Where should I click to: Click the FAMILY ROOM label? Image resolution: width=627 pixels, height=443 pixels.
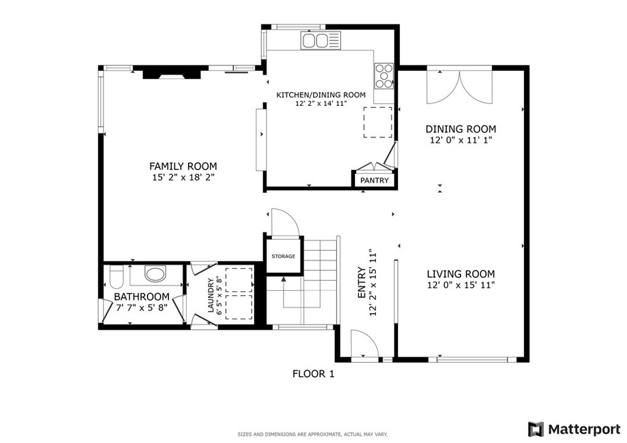(183, 166)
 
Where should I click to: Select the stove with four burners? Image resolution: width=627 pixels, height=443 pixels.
(384, 76)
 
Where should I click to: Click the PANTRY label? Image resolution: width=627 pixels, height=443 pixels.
(374, 181)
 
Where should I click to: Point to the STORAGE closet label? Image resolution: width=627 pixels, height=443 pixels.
(283, 256)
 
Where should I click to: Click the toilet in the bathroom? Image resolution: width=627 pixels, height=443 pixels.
(116, 277)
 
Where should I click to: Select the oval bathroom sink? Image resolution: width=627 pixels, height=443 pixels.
(156, 273)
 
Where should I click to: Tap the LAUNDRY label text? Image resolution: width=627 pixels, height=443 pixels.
(211, 295)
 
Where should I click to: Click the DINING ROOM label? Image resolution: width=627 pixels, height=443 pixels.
(460, 129)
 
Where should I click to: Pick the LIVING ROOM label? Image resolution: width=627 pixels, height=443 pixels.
(460, 274)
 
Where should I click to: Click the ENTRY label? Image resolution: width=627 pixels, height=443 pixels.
(361, 283)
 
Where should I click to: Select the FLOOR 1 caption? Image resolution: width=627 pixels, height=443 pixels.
(313, 373)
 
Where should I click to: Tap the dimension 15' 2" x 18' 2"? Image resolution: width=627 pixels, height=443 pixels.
(183, 177)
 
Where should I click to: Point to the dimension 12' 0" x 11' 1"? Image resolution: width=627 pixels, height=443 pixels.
(460, 140)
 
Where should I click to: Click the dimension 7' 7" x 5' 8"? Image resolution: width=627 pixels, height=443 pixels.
(142, 308)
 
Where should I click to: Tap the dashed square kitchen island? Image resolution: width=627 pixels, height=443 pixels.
(378, 121)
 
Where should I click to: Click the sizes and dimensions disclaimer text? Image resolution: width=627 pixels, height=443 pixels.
(312, 434)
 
